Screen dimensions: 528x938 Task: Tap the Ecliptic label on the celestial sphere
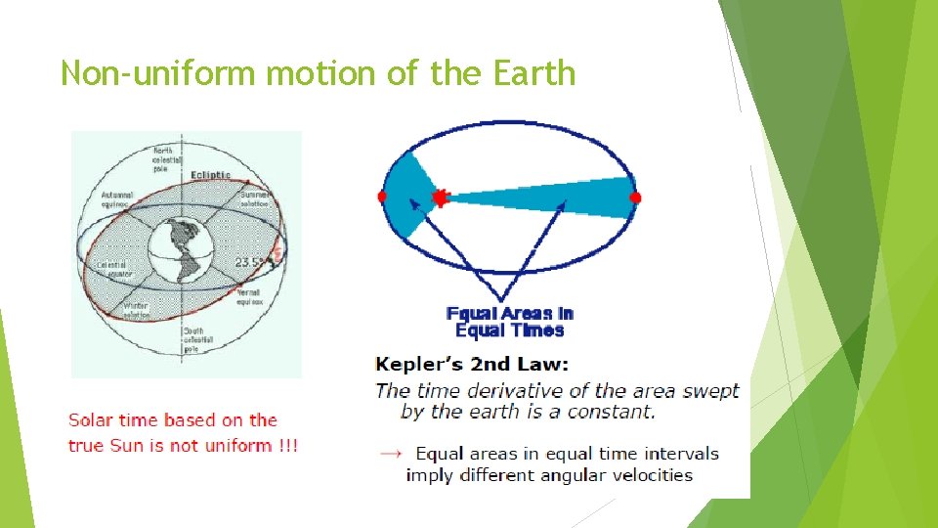[210, 175]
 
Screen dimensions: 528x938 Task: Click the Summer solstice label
[259, 198]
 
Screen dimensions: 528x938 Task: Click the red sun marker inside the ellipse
[439, 198]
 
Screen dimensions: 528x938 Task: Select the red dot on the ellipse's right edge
[635, 198]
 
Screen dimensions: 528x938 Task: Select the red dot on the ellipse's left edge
[382, 197]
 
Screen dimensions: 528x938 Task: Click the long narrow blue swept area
[567, 198]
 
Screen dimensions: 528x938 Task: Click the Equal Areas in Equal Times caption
[509, 322]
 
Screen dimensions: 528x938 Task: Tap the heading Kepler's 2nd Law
[471, 365]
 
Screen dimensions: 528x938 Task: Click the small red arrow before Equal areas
[390, 454]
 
